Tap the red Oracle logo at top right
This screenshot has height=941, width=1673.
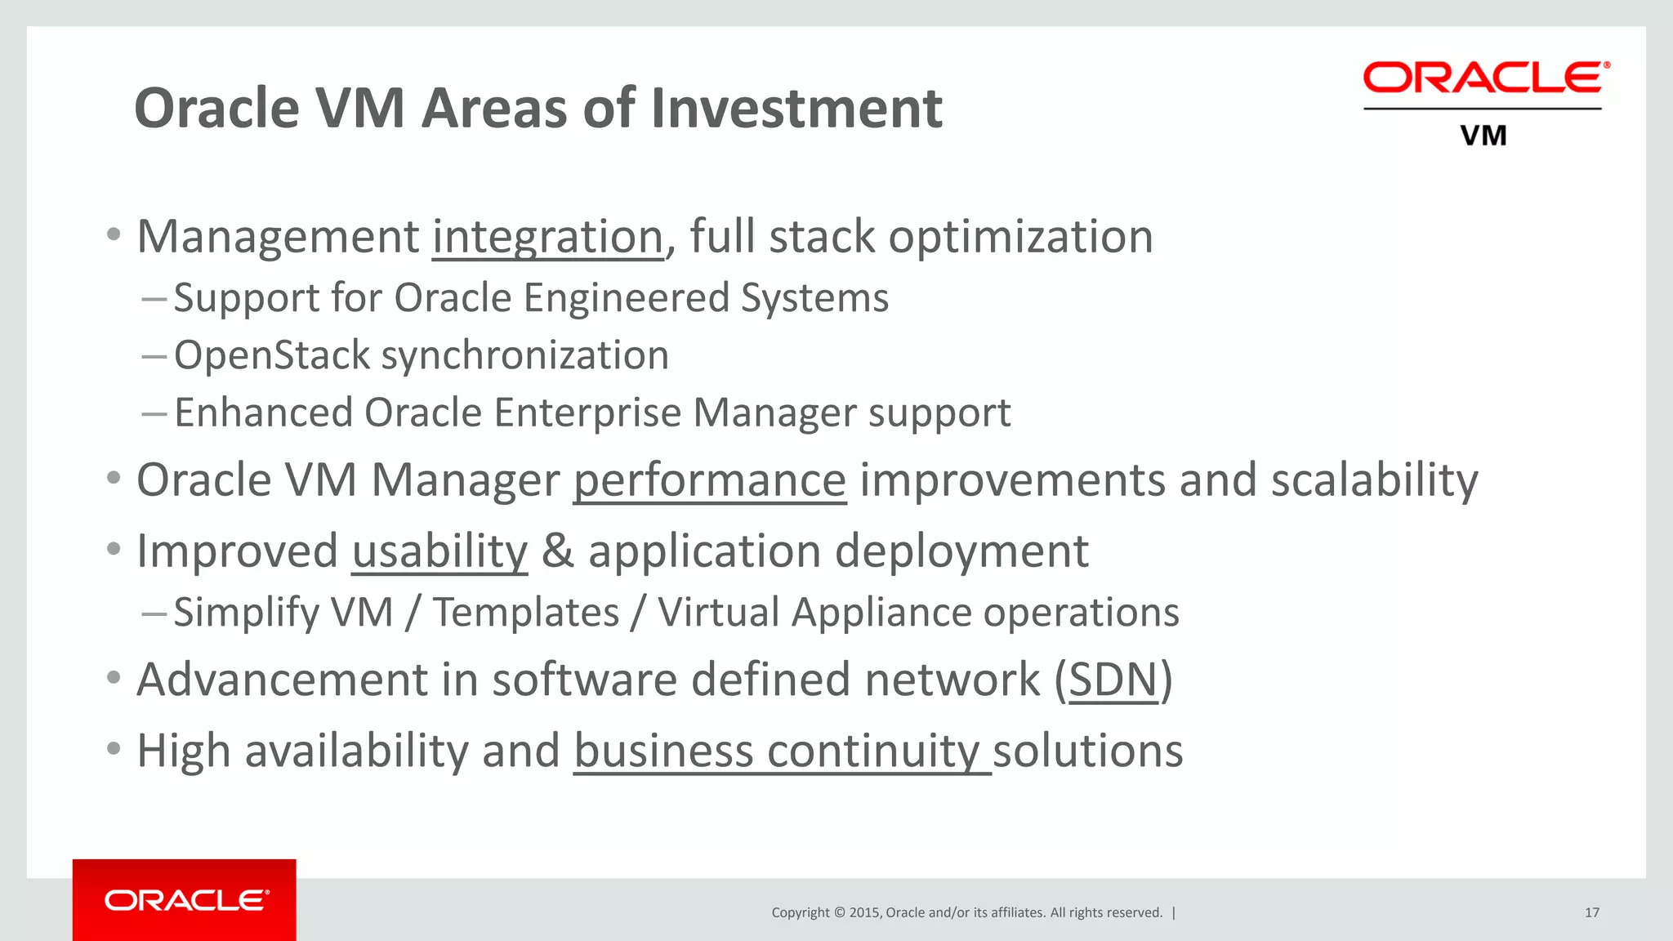pos(1486,78)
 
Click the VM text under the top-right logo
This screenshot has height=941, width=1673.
pos(1483,136)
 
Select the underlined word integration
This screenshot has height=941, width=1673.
pos(547,238)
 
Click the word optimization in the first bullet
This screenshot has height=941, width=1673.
pos(1020,238)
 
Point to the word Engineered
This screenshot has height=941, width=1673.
pos(626,298)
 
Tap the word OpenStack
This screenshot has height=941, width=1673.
pos(272,356)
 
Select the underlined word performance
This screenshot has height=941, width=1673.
pos(709,480)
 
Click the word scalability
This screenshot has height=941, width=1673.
pos(1374,480)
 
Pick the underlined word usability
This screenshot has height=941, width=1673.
pos(439,552)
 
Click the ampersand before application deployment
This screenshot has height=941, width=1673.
pos(558,551)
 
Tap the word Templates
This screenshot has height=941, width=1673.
pos(526,613)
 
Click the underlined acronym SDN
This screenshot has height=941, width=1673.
pos(1113,680)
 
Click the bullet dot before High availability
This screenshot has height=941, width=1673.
pos(114,747)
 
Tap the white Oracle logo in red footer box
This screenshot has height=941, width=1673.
pos(186,900)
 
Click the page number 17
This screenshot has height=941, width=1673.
pos(1591,912)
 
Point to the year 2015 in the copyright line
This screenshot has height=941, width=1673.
pos(864,912)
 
